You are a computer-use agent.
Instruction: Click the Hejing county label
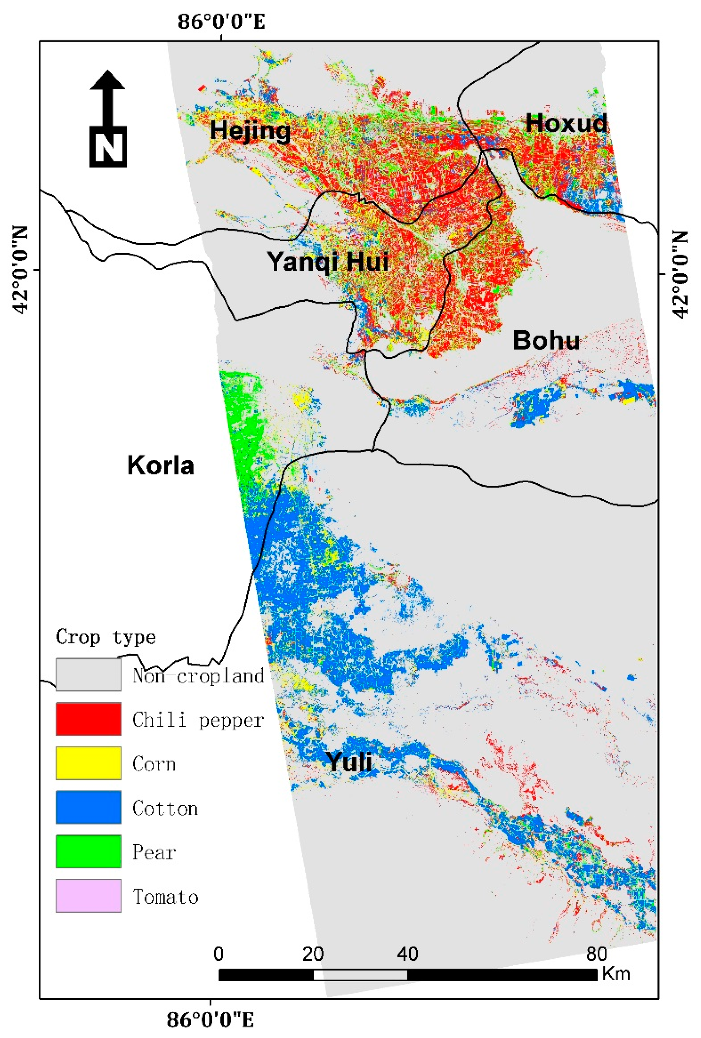250,131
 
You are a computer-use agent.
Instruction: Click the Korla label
160,465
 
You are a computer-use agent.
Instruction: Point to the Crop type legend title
106,637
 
